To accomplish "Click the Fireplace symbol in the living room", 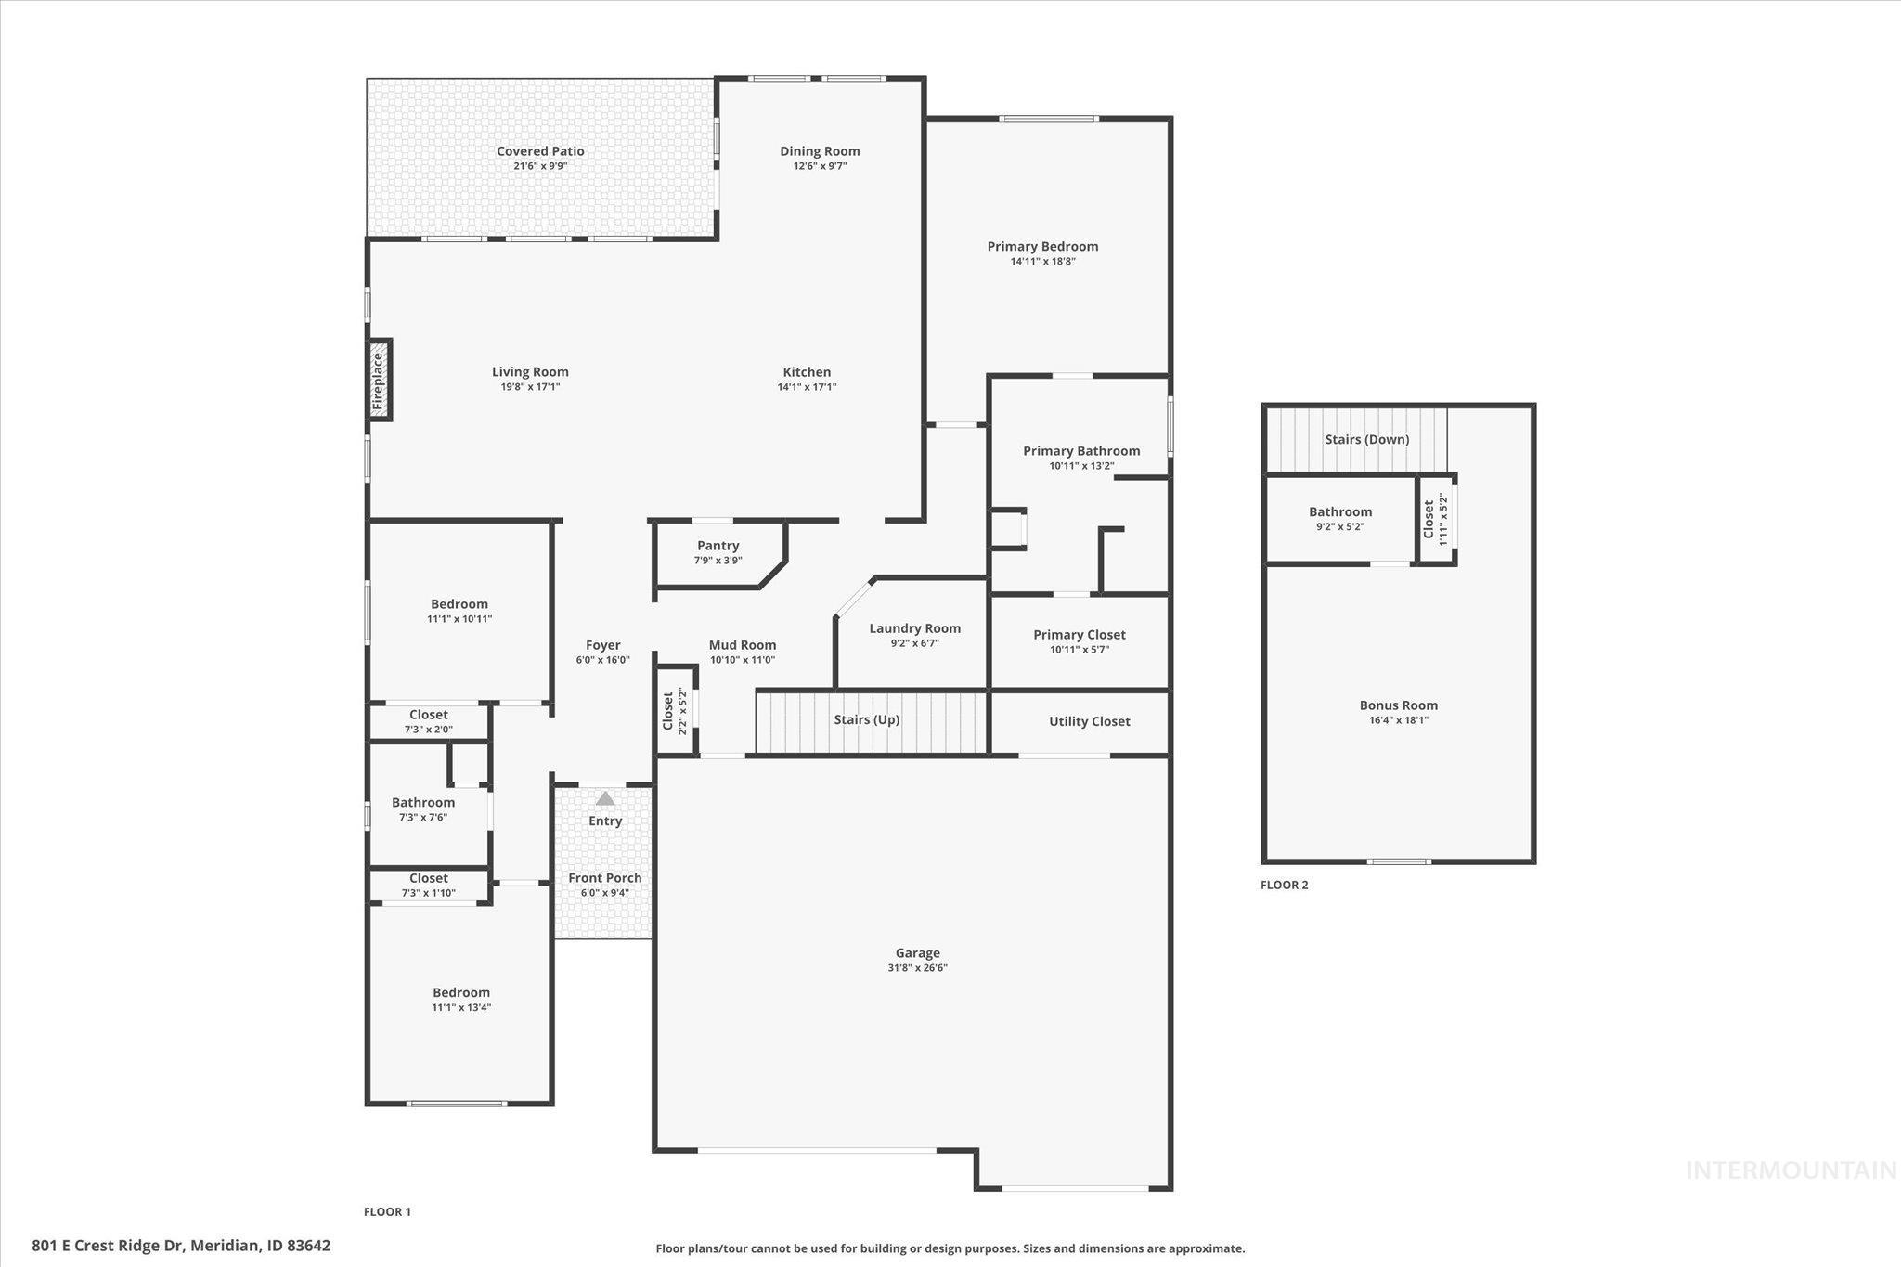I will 379,380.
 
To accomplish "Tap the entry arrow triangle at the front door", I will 604,798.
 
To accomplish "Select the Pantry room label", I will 718,546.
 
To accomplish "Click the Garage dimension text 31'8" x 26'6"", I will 917,968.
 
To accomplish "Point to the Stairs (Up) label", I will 866,719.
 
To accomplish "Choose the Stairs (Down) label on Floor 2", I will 1366,439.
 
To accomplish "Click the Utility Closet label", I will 1089,721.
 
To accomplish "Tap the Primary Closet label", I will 1079,635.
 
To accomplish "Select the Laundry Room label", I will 914,628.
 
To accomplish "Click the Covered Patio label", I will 540,151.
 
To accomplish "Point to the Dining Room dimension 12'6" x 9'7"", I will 820,166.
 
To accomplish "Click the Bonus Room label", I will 1398,705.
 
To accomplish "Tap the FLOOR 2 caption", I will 1284,885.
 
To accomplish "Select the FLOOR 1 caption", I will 387,1211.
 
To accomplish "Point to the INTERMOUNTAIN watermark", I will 1791,1170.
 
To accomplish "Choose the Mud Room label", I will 742,645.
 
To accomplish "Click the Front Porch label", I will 604,878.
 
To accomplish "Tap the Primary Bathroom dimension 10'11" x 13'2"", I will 1081,466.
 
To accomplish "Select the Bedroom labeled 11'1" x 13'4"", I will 460,992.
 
